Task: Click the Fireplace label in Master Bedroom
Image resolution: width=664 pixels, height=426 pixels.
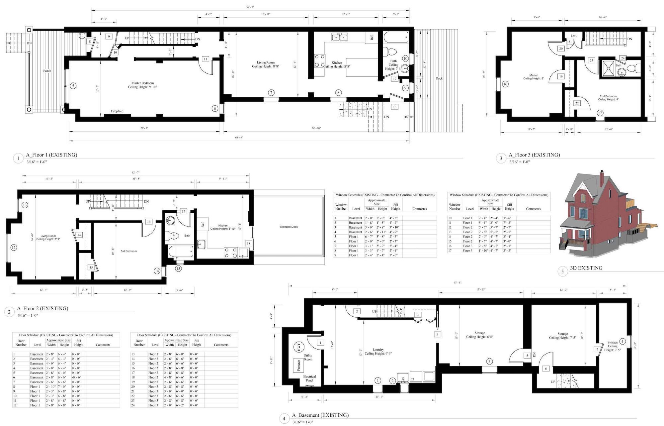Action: click(x=117, y=111)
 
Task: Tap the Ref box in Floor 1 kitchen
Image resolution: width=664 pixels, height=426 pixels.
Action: click(x=372, y=38)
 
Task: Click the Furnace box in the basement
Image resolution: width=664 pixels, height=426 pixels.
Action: click(x=298, y=365)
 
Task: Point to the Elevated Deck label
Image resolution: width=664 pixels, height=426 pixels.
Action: click(x=289, y=227)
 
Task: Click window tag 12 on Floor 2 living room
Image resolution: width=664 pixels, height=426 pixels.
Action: click(x=14, y=247)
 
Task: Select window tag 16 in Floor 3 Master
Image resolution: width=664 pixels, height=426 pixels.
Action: click(x=505, y=84)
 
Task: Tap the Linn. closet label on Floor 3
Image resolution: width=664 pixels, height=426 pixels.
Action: click(x=574, y=36)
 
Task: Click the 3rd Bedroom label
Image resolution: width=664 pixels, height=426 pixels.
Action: click(x=129, y=251)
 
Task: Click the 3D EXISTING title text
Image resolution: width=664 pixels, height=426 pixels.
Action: click(x=586, y=268)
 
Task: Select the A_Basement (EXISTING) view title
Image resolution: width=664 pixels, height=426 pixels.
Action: click(x=320, y=415)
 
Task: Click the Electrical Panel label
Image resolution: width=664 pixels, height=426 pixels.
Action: click(x=309, y=378)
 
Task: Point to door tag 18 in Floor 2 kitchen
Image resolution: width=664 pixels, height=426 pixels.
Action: click(x=248, y=244)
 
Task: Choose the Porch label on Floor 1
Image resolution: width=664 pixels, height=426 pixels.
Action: click(x=47, y=71)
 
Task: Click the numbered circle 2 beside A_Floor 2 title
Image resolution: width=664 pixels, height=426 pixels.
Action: click(x=9, y=312)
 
